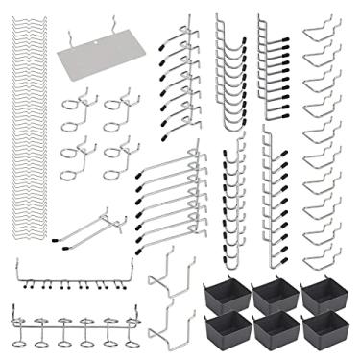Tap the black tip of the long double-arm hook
[x=57, y=236]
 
